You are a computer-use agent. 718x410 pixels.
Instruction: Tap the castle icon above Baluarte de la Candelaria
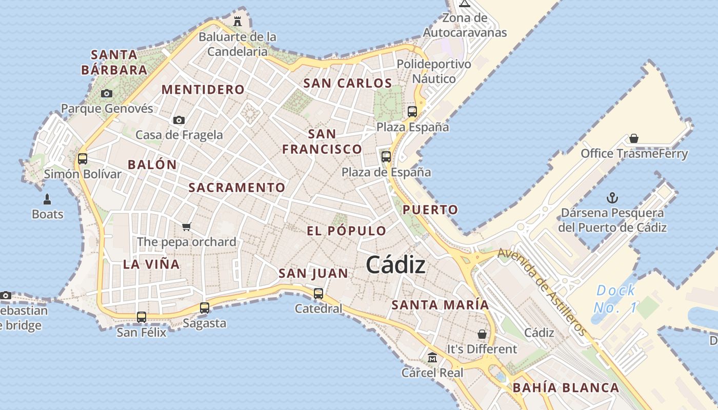point(237,22)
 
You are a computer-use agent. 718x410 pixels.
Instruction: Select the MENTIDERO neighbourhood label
point(203,90)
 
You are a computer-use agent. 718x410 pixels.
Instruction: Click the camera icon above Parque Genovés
point(107,93)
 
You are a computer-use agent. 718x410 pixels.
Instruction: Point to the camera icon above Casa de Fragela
point(179,120)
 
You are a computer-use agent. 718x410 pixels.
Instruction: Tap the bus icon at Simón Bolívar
point(83,158)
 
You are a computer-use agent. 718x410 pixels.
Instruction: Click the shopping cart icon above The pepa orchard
point(186,227)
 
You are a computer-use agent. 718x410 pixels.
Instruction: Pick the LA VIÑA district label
point(151,264)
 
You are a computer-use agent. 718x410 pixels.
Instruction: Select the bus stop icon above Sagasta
point(205,307)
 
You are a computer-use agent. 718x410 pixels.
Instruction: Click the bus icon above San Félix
point(142,317)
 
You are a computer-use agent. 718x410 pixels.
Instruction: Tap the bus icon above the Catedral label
point(318,293)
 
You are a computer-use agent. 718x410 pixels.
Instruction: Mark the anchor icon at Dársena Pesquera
point(611,197)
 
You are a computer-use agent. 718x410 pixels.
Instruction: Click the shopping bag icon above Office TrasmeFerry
point(634,138)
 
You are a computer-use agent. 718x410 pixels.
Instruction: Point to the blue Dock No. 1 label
point(615,299)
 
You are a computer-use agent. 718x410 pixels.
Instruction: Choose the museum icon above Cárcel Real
point(432,357)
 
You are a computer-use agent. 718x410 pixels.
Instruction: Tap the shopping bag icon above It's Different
point(482,334)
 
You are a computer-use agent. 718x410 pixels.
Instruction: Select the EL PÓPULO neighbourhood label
point(346,231)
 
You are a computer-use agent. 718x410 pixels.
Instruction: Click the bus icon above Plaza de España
point(386,156)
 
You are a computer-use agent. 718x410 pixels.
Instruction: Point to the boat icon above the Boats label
point(48,199)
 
